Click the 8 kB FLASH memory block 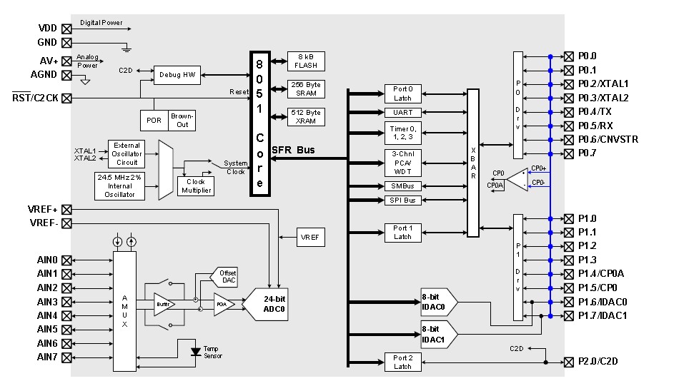point(307,61)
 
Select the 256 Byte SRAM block point(307,89)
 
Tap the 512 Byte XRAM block point(307,116)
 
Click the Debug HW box point(177,74)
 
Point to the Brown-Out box point(182,120)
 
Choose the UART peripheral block point(402,113)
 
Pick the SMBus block point(402,186)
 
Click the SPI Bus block point(402,200)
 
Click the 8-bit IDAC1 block point(437,334)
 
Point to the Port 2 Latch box point(402,362)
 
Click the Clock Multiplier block point(195,186)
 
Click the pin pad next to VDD point(67,29)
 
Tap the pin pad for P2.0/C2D point(569,362)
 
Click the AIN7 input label point(47,357)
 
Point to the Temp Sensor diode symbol point(195,352)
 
